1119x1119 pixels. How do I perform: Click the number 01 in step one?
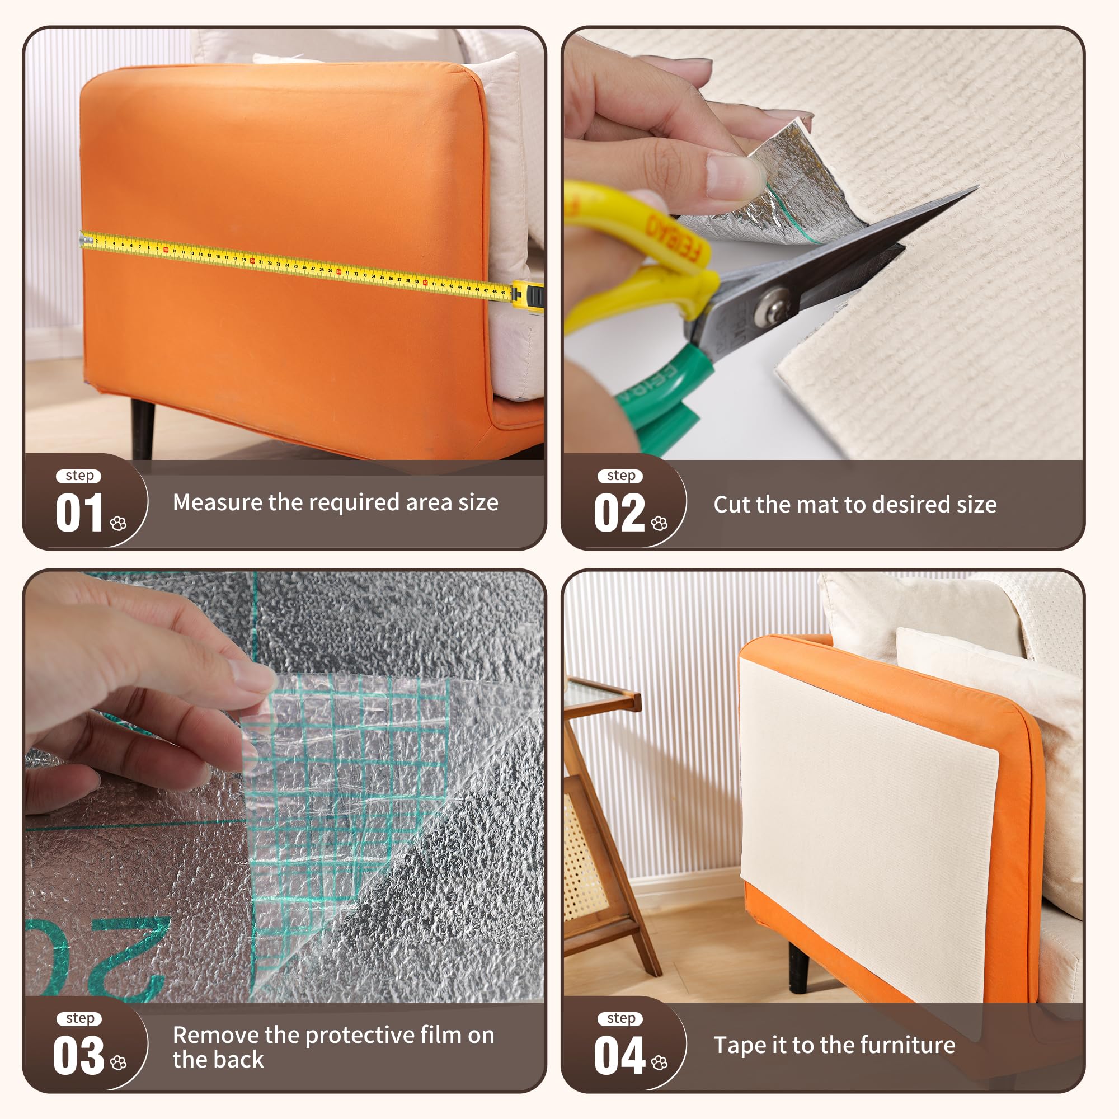click(x=79, y=513)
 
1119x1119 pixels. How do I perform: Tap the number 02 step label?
click(x=619, y=513)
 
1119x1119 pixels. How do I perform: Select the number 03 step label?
click(x=78, y=1055)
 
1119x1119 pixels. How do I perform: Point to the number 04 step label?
click(x=619, y=1055)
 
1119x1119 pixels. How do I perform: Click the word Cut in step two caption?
click(x=731, y=505)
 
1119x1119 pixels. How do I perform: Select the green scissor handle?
click(x=660, y=394)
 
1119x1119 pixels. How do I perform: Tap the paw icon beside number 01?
click(x=118, y=524)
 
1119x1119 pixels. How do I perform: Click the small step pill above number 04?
click(x=621, y=1018)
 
